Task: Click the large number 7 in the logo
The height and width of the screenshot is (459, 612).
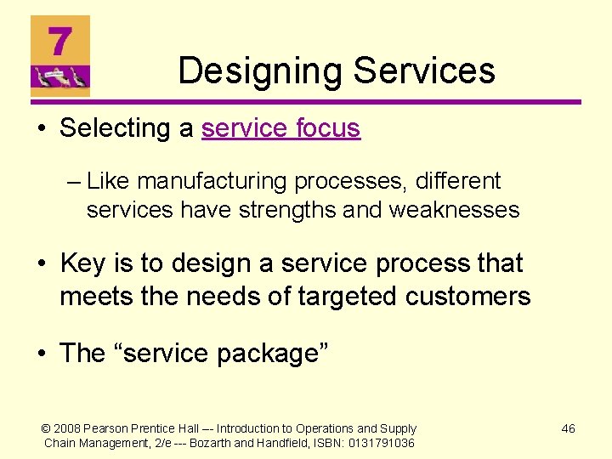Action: point(59,42)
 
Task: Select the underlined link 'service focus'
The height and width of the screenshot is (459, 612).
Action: point(280,128)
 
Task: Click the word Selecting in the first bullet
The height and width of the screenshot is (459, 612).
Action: point(116,128)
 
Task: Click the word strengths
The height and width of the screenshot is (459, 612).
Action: point(287,209)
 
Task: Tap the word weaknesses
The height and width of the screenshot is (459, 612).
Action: point(454,209)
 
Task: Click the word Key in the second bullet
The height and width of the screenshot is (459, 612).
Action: point(82,263)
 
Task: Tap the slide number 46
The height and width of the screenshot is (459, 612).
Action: point(568,428)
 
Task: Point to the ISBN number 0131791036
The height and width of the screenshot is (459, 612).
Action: point(381,443)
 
